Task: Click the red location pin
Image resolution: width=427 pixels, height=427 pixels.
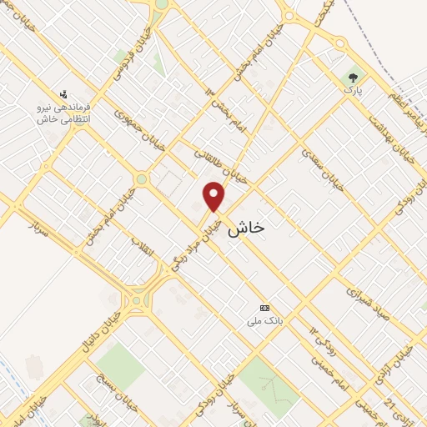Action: [214, 196]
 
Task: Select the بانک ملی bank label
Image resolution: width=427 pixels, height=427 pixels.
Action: [265, 319]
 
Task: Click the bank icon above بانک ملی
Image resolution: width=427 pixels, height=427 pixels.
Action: [265, 307]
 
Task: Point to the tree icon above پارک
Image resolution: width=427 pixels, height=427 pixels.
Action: [354, 78]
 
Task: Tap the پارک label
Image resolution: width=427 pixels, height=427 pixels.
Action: [354, 90]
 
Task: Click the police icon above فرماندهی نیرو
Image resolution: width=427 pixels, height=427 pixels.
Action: [63, 94]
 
